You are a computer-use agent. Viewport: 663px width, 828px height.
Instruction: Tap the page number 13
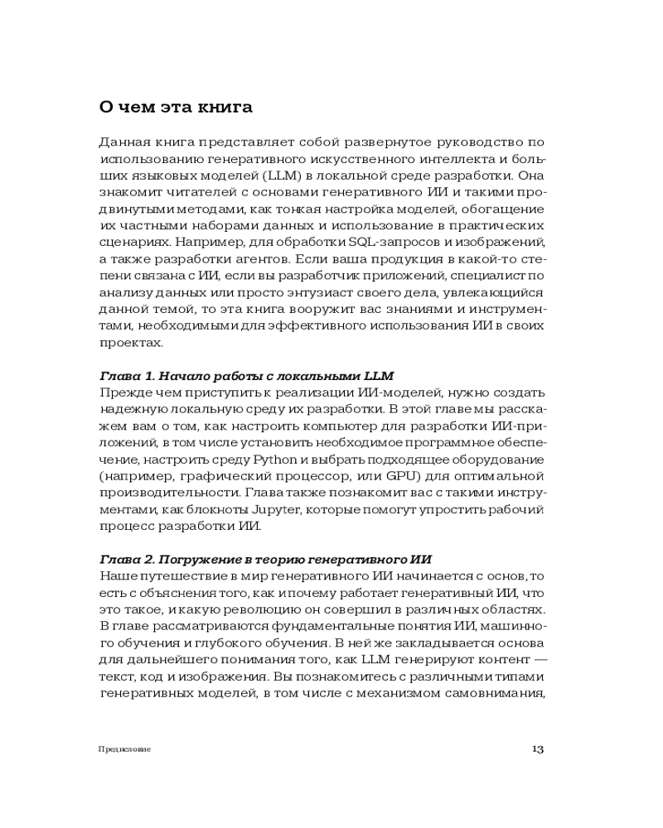(537, 749)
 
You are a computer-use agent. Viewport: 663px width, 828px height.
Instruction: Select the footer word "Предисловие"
(123, 749)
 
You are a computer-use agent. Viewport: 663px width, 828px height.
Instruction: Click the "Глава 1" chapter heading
(246, 376)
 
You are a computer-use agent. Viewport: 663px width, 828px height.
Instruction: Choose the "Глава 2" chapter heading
(265, 559)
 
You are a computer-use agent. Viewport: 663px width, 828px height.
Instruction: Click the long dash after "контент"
(537, 658)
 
